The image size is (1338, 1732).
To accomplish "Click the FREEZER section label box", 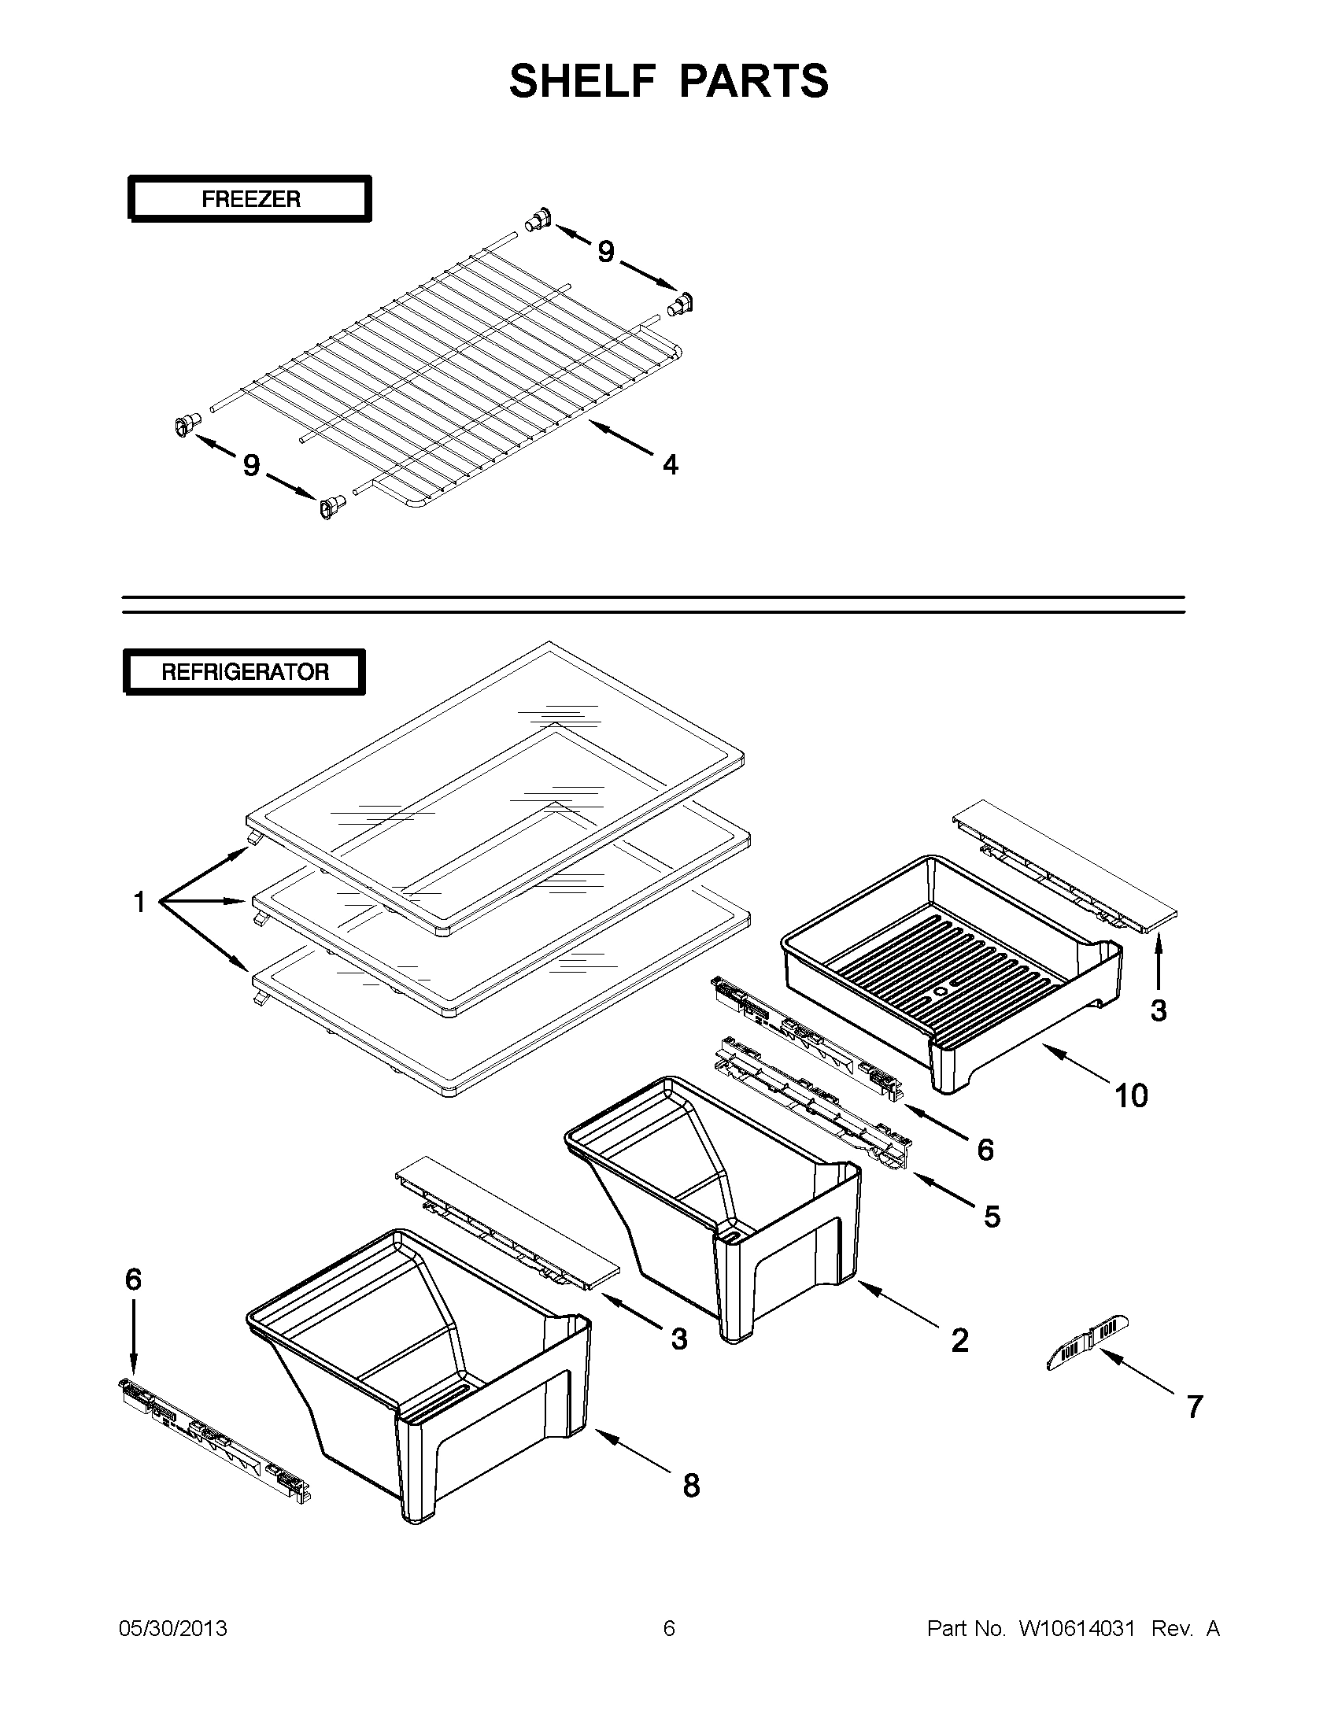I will point(249,198).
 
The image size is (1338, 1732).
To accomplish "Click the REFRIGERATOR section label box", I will point(244,672).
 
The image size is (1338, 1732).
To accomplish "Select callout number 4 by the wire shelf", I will point(671,465).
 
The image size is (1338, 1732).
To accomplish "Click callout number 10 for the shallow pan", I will point(1131,1096).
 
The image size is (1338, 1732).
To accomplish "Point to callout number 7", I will point(1195,1406).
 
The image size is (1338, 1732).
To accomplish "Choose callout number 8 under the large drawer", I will point(691,1486).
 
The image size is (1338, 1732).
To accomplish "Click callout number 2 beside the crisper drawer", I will point(959,1340).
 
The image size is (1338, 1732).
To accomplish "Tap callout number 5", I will point(992,1216).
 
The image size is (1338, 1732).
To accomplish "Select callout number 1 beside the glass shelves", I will point(139,902).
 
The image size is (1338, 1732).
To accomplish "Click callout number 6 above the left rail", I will point(133,1279).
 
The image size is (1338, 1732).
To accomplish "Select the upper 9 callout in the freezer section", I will point(605,252).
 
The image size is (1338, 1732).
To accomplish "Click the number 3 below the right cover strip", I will point(1158,1010).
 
